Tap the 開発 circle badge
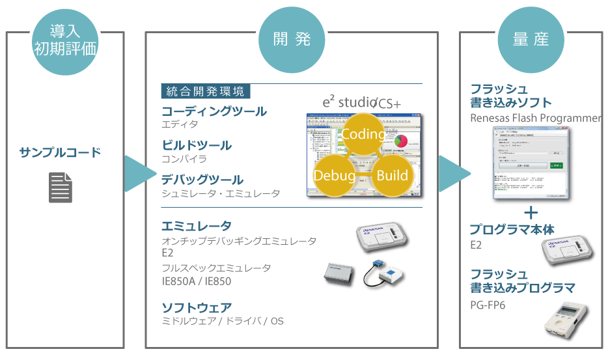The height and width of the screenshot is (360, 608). [291, 39]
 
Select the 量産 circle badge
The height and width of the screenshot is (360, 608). [530, 39]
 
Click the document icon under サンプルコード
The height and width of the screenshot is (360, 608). [61, 187]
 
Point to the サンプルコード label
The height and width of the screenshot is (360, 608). [61, 153]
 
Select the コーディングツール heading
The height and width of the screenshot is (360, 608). [214, 111]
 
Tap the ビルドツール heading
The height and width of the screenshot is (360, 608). [197, 145]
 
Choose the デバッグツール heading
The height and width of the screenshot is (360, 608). [202, 180]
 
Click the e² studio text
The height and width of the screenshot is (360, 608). [345, 102]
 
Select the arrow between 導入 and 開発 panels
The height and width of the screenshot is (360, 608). [139, 173]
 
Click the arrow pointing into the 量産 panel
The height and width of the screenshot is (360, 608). [452, 173]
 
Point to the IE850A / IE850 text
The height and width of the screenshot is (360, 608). [196, 282]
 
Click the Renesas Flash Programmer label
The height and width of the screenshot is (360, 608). [535, 118]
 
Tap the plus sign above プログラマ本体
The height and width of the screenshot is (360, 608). [531, 212]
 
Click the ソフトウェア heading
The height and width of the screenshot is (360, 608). [196, 307]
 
